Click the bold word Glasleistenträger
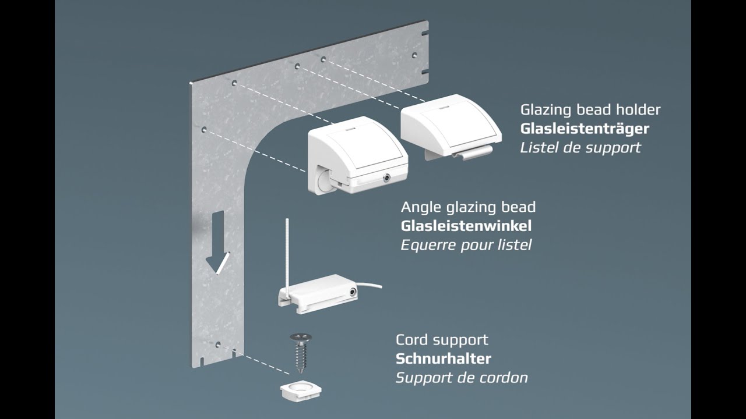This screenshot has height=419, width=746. [585, 129]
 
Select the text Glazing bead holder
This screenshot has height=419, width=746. [590, 110]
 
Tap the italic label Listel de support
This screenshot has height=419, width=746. [580, 148]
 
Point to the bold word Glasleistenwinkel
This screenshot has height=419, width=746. [466, 226]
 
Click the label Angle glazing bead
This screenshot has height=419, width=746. [468, 207]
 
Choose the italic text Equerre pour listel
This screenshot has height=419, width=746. [466, 245]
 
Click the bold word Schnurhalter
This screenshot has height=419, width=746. [444, 359]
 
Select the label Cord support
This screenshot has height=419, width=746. [442, 340]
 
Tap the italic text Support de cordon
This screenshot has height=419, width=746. [462, 378]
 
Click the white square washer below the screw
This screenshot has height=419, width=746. [301, 390]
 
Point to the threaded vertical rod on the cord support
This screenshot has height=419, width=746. [287, 256]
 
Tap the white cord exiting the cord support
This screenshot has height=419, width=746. [370, 285]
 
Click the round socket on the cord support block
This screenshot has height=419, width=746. [352, 292]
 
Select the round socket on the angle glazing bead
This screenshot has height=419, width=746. [386, 178]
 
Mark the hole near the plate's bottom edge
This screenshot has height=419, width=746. [218, 345]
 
